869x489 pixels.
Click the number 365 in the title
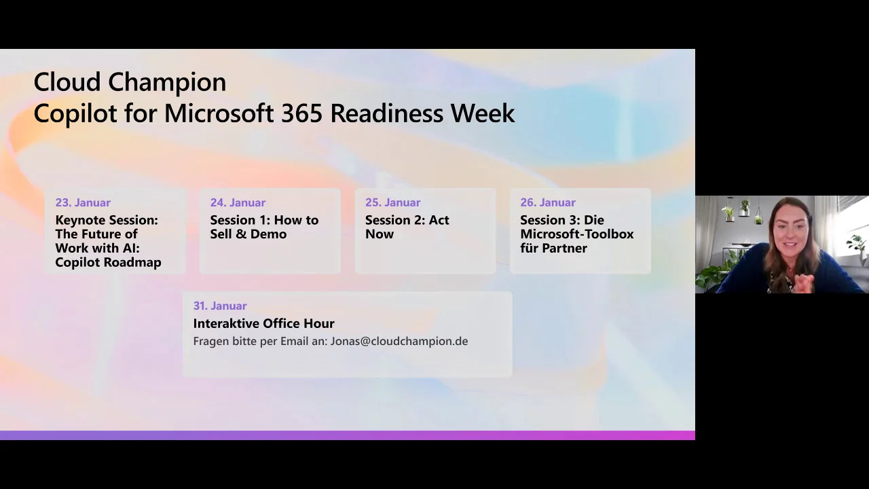click(301, 113)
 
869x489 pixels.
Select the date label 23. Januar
click(83, 202)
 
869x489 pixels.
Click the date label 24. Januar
click(238, 202)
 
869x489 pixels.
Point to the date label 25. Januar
click(392, 202)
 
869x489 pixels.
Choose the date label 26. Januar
click(548, 202)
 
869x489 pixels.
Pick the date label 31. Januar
click(220, 306)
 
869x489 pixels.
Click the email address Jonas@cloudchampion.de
click(399, 341)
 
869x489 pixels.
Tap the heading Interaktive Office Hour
click(264, 323)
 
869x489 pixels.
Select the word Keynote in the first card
click(80, 221)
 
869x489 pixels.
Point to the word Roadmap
click(134, 262)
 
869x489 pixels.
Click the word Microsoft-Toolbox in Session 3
click(577, 234)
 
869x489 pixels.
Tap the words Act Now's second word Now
click(380, 234)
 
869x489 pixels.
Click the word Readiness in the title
click(386, 113)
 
